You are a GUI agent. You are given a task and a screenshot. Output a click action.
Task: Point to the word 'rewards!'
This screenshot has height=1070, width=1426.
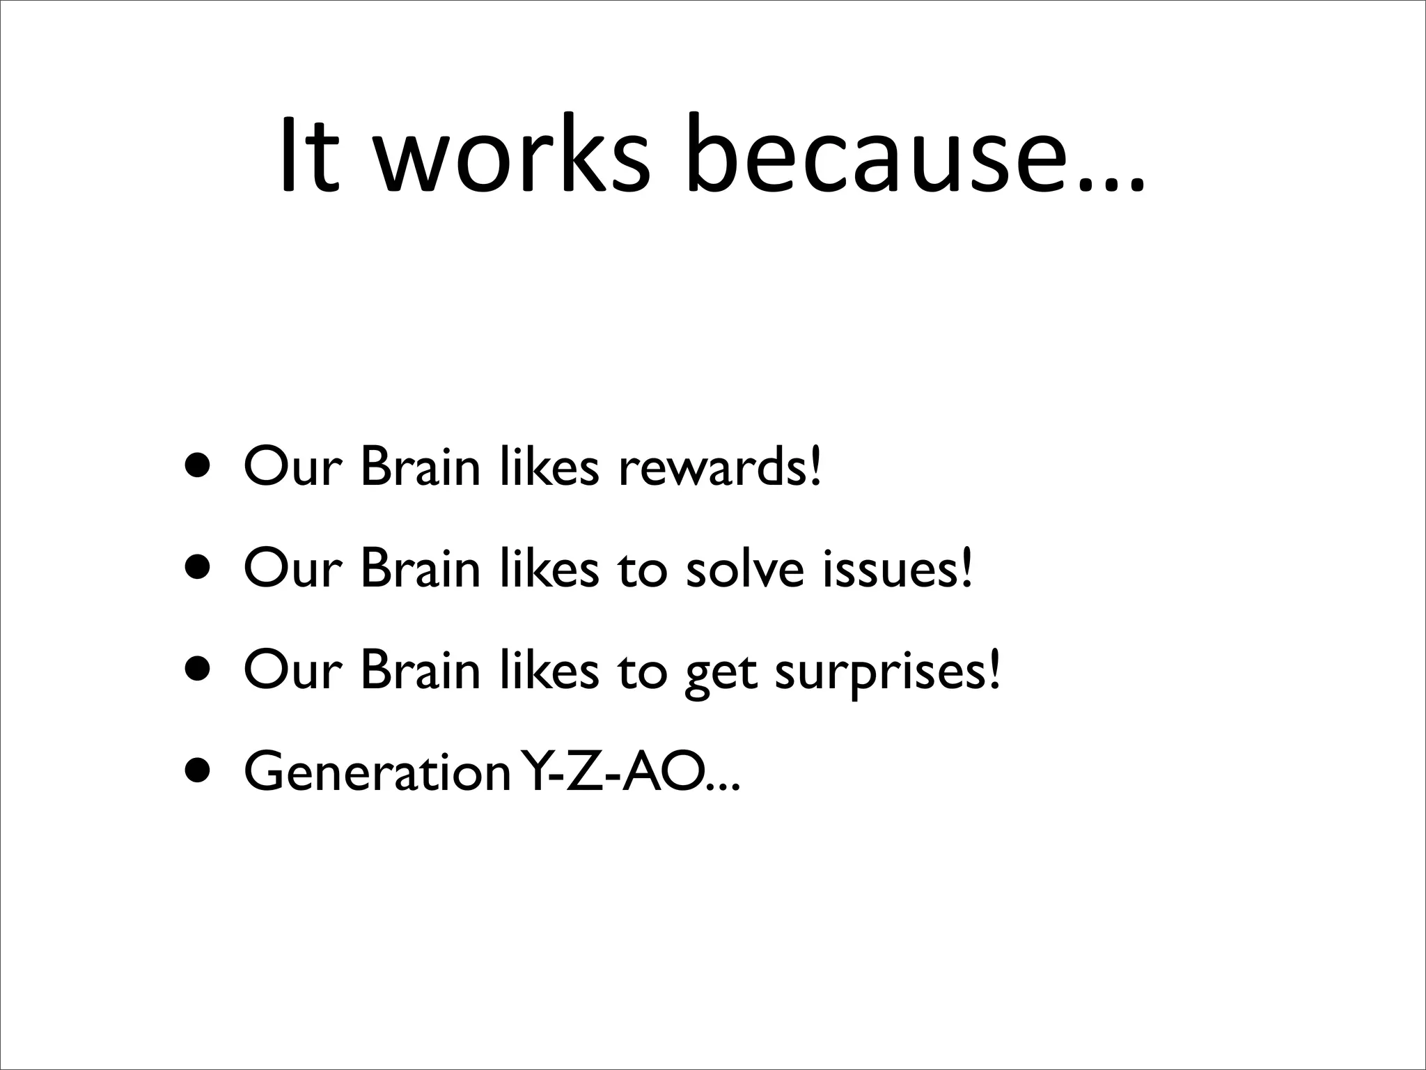click(x=720, y=467)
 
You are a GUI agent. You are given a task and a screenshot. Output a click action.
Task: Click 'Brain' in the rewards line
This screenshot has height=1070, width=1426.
click(x=421, y=467)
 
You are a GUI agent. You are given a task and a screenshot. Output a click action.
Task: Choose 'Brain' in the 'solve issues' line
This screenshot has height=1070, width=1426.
click(x=421, y=568)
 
